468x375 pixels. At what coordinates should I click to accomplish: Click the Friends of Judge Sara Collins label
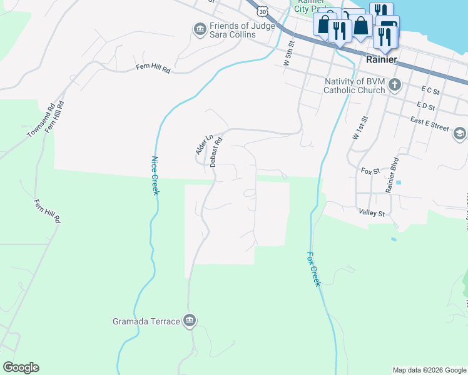click(233, 30)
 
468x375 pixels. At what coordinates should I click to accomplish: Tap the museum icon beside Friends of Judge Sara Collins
click(200, 29)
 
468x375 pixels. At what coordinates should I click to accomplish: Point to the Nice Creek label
click(155, 176)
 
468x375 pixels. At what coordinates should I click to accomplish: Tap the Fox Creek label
click(313, 269)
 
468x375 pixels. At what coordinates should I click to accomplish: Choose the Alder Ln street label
click(200, 144)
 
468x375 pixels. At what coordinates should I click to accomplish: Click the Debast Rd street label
click(216, 153)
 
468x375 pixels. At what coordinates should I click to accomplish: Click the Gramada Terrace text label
click(146, 322)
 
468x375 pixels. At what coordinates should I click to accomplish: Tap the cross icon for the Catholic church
click(394, 85)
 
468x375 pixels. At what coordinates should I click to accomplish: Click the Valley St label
click(370, 213)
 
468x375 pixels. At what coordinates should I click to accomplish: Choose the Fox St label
click(370, 170)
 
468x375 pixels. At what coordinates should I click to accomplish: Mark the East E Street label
click(430, 127)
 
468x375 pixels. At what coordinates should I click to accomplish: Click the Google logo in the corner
click(21, 367)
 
